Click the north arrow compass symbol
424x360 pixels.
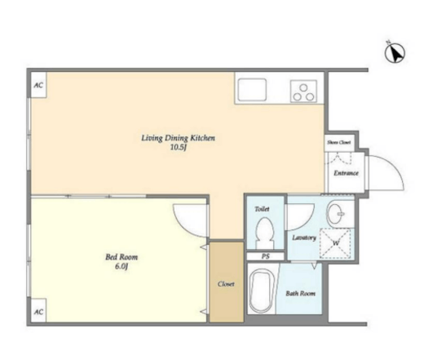pos(395,52)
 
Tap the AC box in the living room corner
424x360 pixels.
pos(38,85)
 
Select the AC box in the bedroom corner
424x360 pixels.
pos(38,311)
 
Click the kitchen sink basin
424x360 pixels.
pos(252,90)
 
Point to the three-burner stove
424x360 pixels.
pos(303,91)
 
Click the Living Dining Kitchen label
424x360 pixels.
pos(178,138)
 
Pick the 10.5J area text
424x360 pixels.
pos(179,148)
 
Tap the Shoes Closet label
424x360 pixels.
pos(339,142)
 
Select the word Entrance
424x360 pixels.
pos(346,173)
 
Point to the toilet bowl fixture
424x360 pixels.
pos(265,233)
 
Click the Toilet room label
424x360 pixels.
pos(263,209)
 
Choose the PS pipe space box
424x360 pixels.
pos(266,256)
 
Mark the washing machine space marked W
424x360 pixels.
pos(335,243)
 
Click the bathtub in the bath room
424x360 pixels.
pos(261,291)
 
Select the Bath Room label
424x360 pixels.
pos(301,293)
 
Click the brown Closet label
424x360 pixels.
pos(226,284)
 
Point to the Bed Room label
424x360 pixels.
pos(121,257)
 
